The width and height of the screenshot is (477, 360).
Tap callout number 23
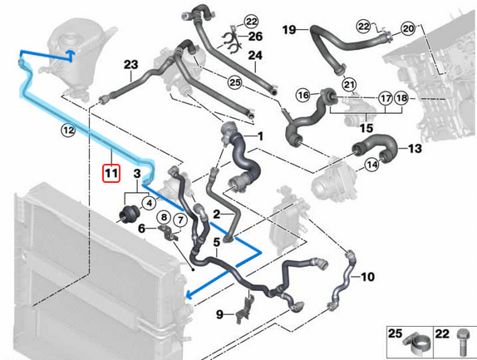[x=131, y=65]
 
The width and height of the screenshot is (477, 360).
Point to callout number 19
[x=289, y=30]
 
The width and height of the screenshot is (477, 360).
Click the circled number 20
[x=407, y=28]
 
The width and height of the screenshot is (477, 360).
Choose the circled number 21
[x=349, y=84]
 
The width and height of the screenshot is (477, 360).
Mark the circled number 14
[x=372, y=165]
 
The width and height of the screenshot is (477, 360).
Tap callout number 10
[x=368, y=276]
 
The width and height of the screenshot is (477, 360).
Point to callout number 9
[x=219, y=314]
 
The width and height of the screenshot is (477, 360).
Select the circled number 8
[x=164, y=218]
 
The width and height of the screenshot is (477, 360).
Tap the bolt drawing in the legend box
[x=461, y=343]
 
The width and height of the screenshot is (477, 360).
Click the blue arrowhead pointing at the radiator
[x=189, y=294]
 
